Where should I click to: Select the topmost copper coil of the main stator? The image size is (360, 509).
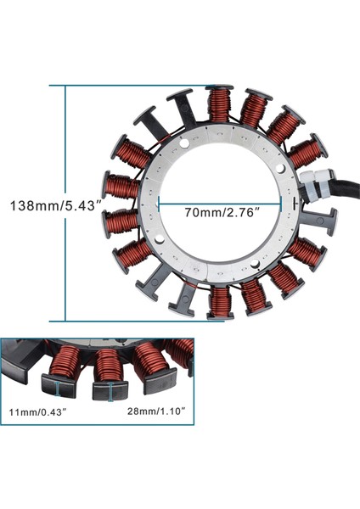coord(220,104)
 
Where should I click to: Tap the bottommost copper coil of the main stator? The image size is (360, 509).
coord(221,299)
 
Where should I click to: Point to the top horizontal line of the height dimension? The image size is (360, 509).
coord(127,86)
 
